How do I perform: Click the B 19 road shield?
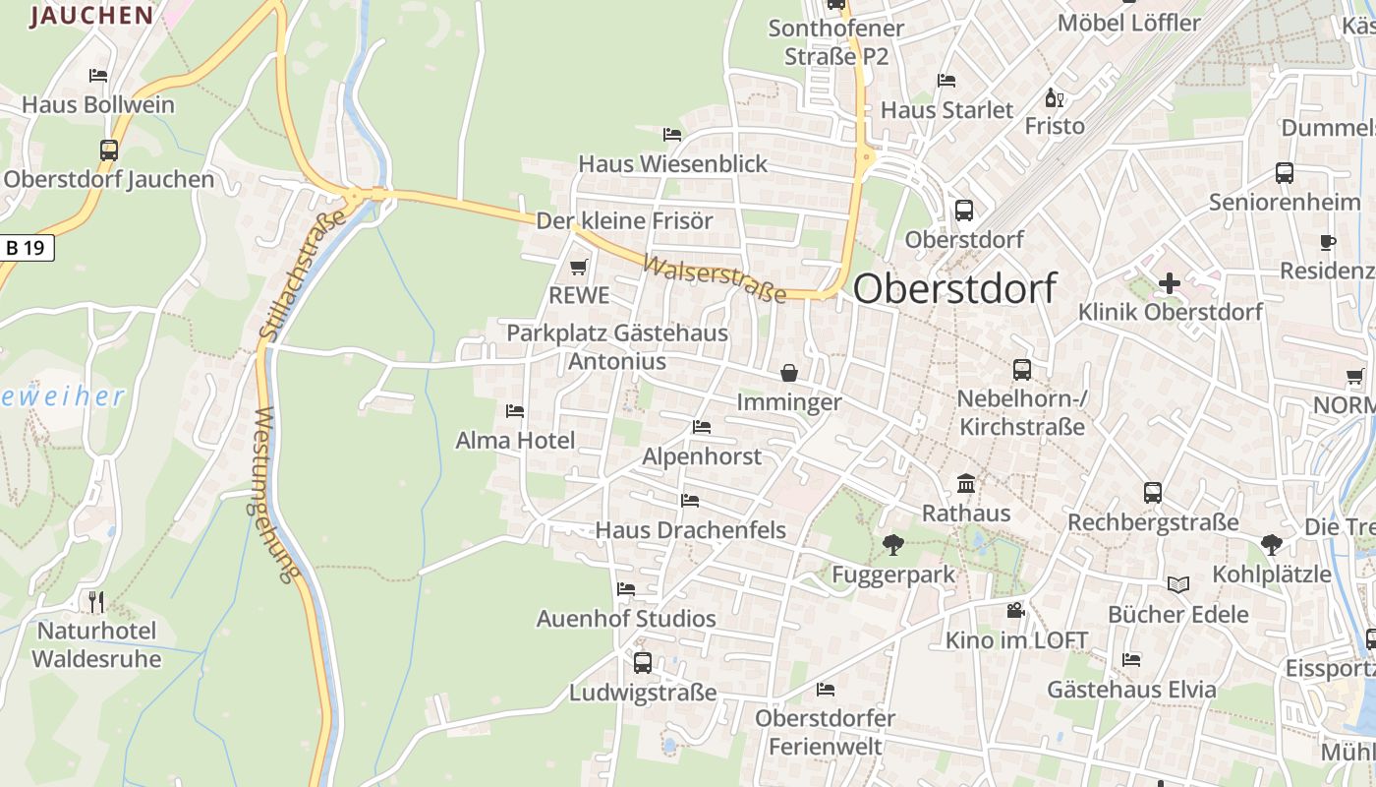26,248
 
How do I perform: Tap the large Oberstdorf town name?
954,288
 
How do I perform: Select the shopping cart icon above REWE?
579,268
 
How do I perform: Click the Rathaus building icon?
966,484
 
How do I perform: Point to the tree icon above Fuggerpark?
892,544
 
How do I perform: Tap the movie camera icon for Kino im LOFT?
1015,611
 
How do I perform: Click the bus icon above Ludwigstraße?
642,662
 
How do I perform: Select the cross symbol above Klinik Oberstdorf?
1169,284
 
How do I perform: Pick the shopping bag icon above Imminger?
788,373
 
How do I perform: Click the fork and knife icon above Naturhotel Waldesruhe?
95,601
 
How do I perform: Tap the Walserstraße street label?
715,279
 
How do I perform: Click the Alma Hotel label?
515,441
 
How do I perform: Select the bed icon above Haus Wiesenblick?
672,134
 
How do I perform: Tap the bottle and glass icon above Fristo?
1055,97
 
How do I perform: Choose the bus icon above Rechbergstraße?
1153,493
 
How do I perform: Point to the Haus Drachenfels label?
690,530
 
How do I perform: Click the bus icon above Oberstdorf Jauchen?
108,151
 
